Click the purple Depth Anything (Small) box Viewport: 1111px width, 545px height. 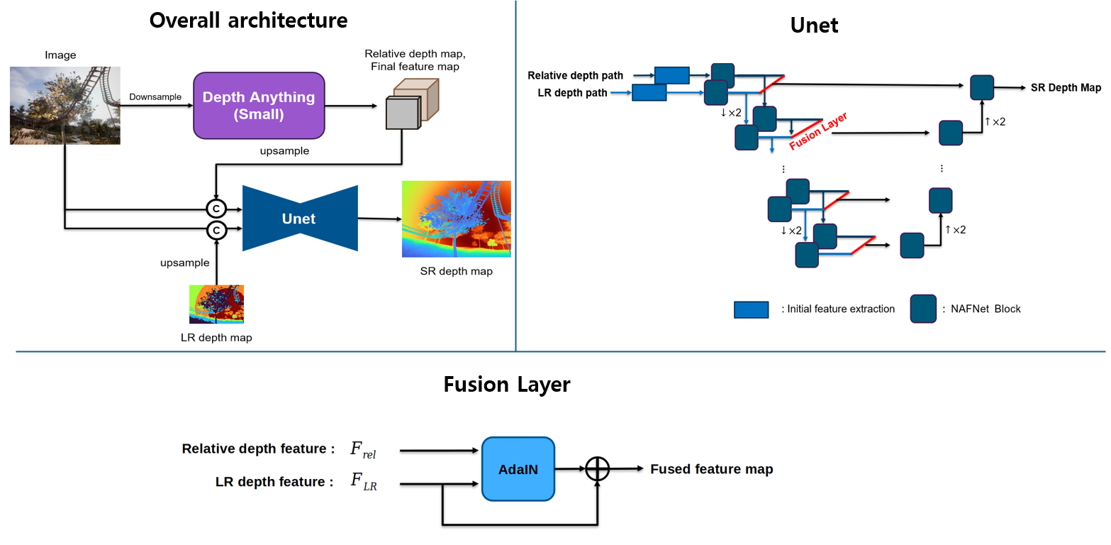pos(259,105)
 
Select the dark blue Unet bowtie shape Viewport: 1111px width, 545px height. pos(299,219)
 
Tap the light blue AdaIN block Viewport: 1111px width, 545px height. pos(518,468)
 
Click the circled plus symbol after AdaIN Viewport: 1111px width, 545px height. pos(598,468)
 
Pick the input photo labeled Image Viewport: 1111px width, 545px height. pos(65,105)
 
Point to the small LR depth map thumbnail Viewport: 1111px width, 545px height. pos(216,304)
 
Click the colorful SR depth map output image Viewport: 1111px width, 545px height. pos(456,219)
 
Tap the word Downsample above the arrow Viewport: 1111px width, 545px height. pos(155,97)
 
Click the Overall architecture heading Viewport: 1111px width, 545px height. pos(248,20)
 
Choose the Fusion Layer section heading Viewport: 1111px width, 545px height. pos(506,385)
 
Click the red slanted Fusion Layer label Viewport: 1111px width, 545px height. pos(819,131)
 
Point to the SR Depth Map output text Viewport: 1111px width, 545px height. pos(1066,87)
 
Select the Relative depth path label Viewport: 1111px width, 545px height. pos(575,75)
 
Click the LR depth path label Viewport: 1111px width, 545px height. pos(572,92)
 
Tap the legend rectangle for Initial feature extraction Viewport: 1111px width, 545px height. pos(751,309)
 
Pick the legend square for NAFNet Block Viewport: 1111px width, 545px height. pos(923,309)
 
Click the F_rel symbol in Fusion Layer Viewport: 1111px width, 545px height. pos(363,449)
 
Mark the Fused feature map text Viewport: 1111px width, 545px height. pos(711,469)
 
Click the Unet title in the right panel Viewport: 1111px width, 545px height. pos(814,26)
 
